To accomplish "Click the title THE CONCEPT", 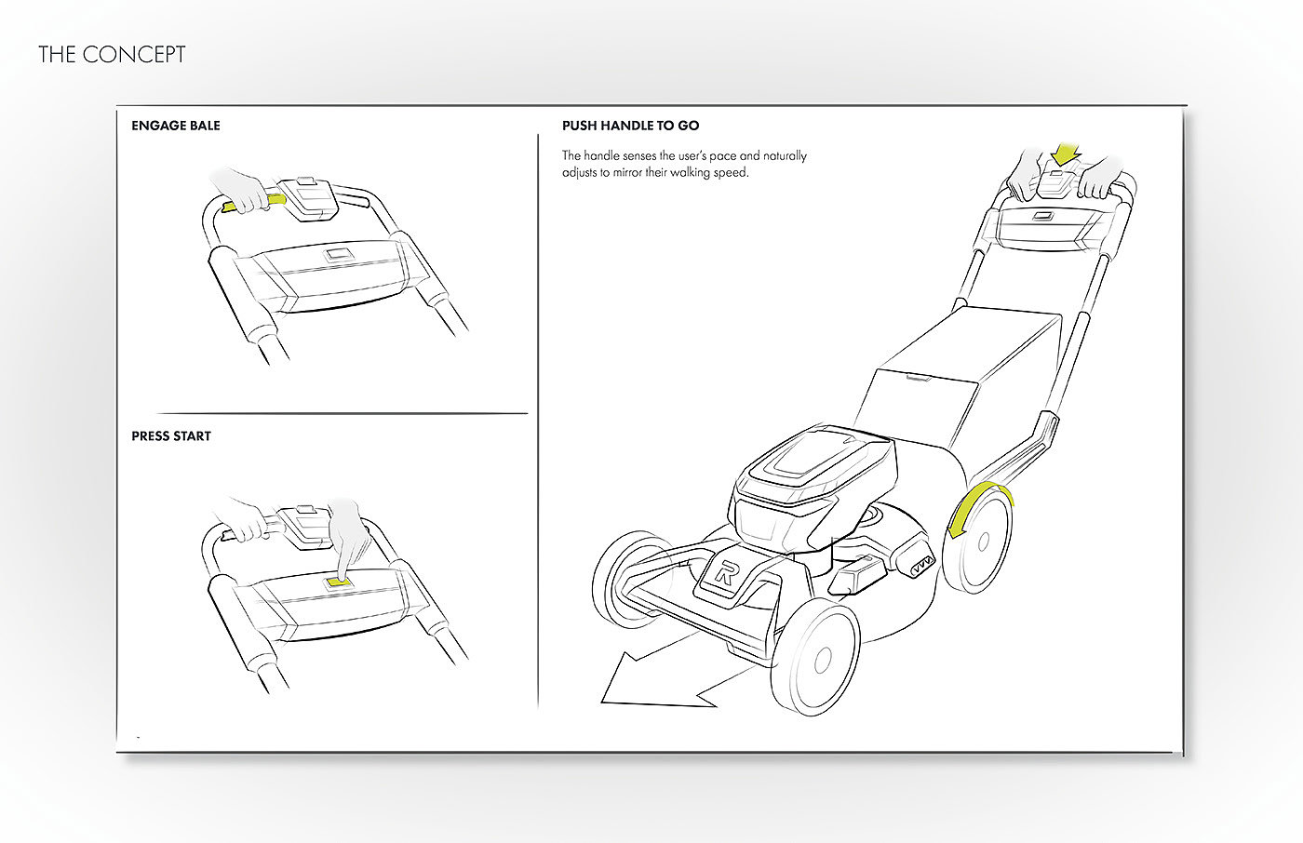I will coord(112,55).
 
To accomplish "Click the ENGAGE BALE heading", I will coord(176,126).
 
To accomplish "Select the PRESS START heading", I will coord(171,436).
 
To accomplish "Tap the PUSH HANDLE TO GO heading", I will coord(630,126).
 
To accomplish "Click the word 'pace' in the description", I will coord(723,156).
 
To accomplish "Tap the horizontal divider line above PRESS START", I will coord(343,413).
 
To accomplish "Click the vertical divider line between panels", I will coord(538,419).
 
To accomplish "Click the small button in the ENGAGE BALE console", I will coord(336,256).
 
